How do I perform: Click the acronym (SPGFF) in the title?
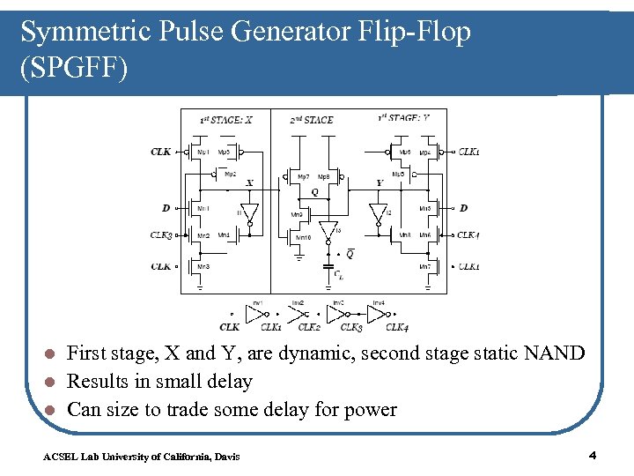click(74, 68)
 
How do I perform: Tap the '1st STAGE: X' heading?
click(226, 119)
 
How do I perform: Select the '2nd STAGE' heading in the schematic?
click(313, 119)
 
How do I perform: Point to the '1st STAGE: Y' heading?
click(403, 118)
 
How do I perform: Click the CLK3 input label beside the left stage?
click(161, 235)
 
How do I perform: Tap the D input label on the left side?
click(166, 208)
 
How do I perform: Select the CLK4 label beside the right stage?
click(468, 235)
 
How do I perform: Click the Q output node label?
click(315, 191)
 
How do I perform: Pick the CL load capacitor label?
click(339, 275)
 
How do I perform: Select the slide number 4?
click(593, 455)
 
